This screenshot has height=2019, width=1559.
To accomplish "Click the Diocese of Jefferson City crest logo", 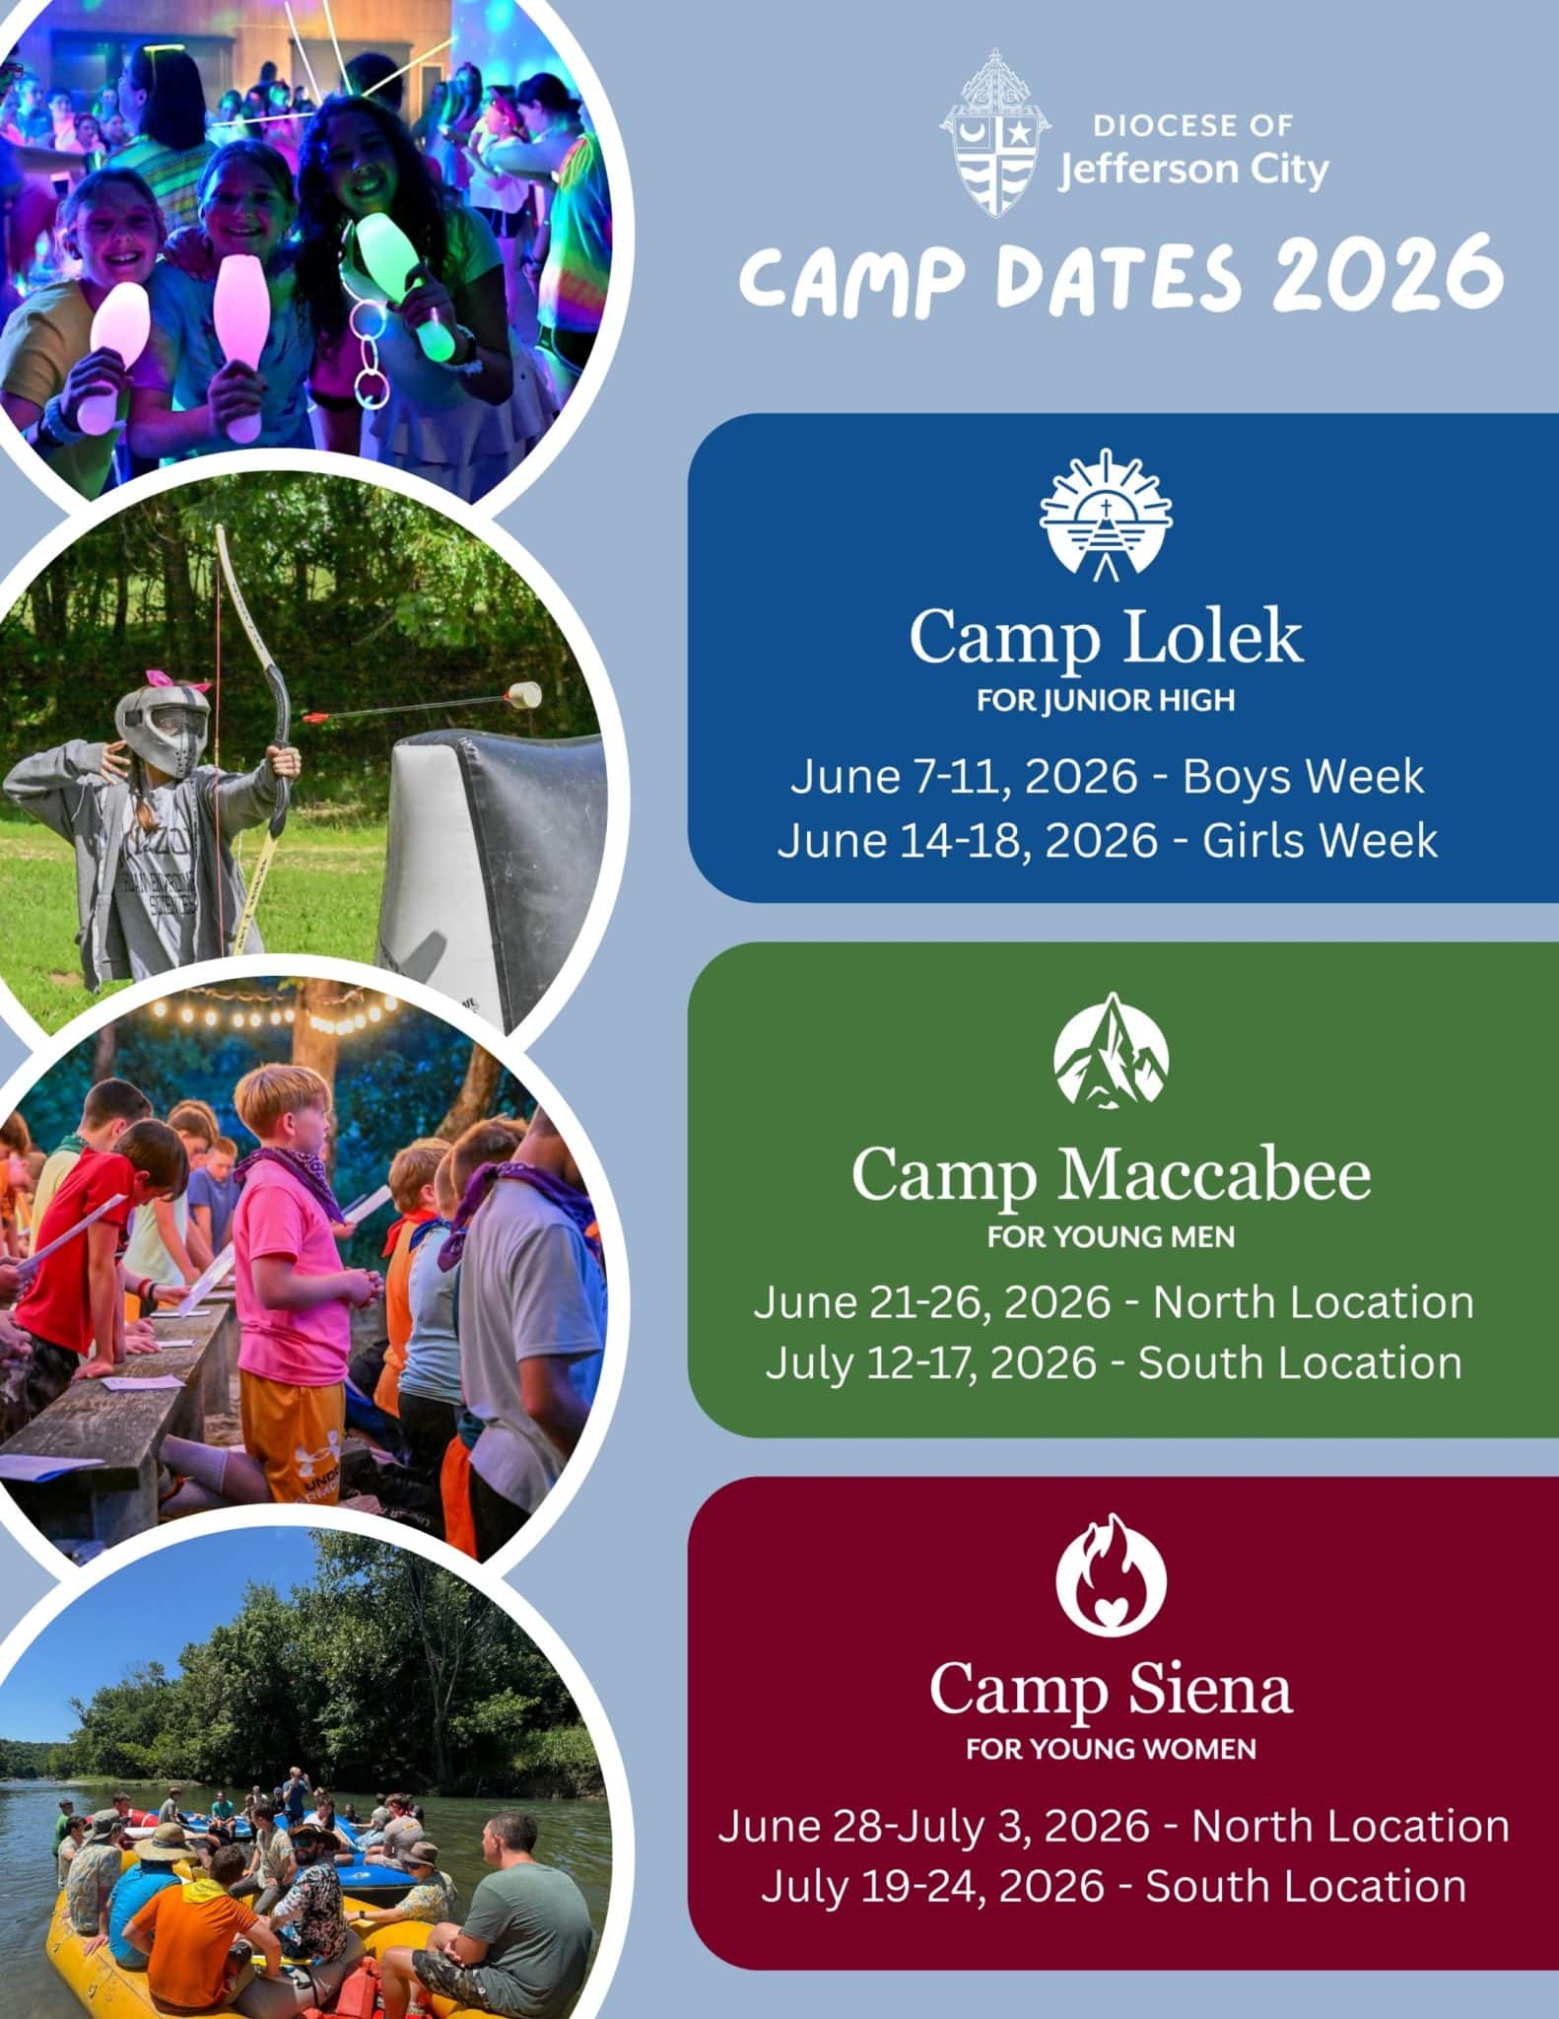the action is (x=995, y=132).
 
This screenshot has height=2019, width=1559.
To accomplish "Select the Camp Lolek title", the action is (x=1106, y=638).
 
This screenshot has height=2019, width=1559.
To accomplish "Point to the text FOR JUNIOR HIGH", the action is (x=1106, y=701).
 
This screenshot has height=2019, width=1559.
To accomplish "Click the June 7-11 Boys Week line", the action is (x=1107, y=777).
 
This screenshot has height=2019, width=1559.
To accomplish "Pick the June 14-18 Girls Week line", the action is (x=1107, y=841).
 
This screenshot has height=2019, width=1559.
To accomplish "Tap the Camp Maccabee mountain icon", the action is (x=1111, y=1049).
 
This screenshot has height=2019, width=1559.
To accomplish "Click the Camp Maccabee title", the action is (x=1111, y=1175).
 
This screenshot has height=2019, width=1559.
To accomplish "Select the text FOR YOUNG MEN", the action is (x=1111, y=1237).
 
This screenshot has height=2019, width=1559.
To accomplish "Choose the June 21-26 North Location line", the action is (x=1114, y=1302).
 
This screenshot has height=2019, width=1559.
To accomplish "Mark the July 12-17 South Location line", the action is (x=1114, y=1363).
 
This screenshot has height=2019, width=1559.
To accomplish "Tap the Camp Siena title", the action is (x=1111, y=1689).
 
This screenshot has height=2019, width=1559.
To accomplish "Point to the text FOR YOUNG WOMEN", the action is (x=1111, y=1751).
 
